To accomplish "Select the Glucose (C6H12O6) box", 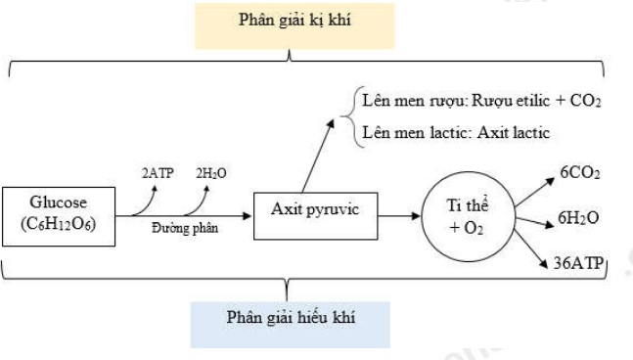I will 60,214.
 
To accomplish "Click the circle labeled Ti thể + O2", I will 466,217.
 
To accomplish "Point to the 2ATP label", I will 158,172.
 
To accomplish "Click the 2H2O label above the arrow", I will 210,172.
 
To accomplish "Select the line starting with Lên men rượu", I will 480,101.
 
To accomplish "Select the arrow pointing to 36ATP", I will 531,247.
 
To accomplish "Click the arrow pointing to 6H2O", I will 535,221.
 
